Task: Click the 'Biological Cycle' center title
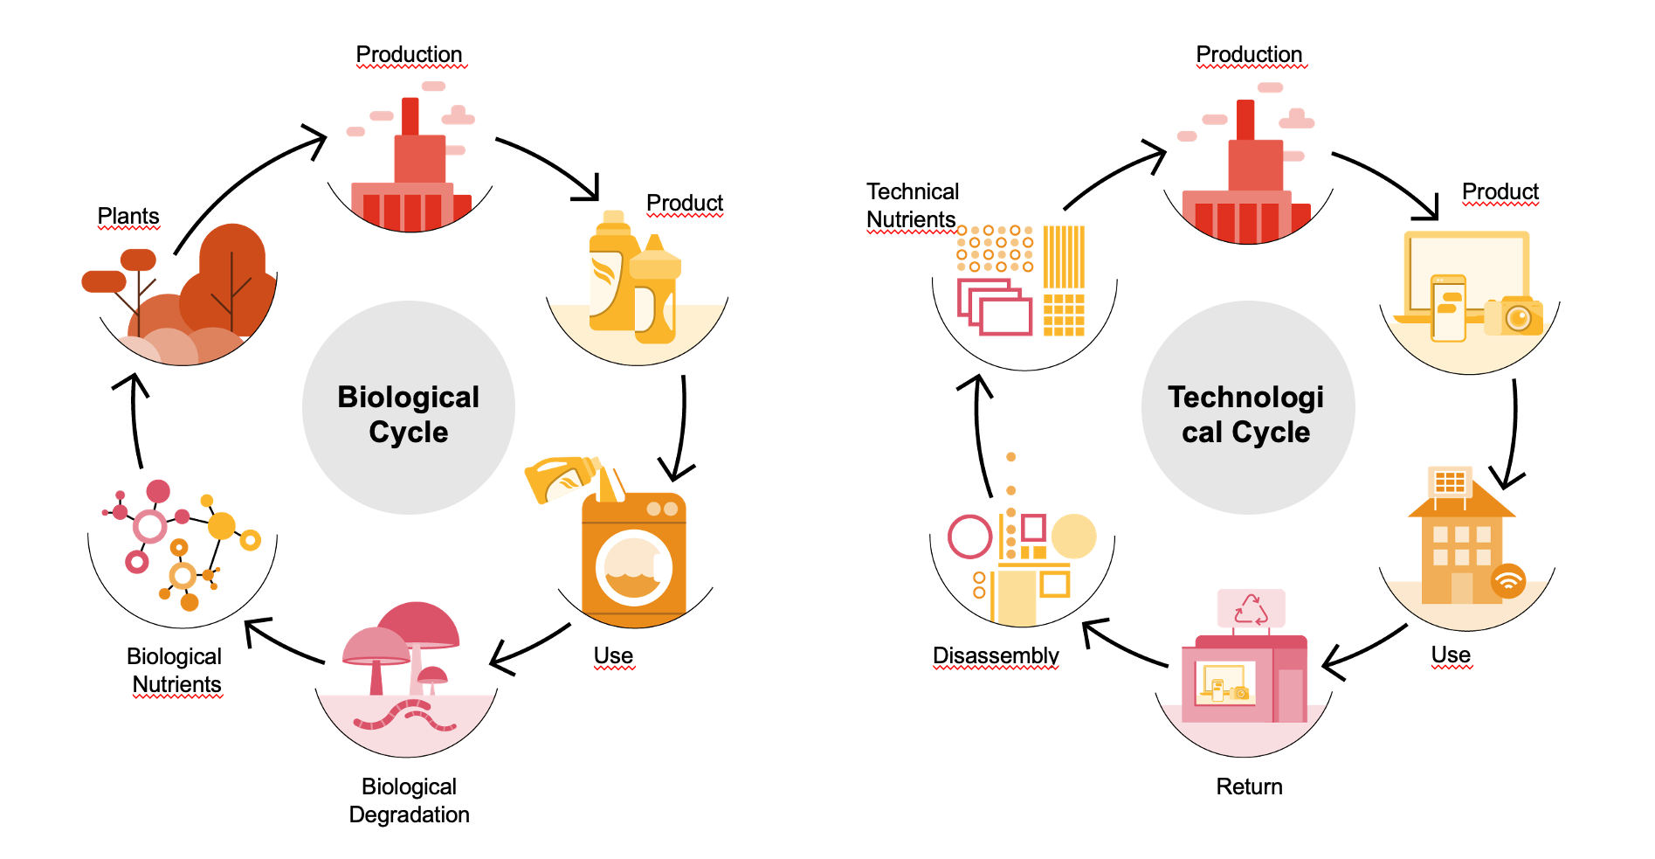(x=409, y=414)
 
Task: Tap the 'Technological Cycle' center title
(x=1246, y=414)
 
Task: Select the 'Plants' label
(x=128, y=216)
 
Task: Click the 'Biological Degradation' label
(x=410, y=800)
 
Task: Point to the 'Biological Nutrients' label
(x=175, y=670)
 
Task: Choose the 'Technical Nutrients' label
(x=913, y=205)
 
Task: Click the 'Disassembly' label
(x=996, y=655)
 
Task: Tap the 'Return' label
(x=1250, y=786)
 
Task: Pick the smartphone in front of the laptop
(x=1449, y=308)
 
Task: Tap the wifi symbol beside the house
(x=1508, y=580)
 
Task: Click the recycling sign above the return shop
(x=1251, y=609)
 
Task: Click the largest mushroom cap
(x=417, y=624)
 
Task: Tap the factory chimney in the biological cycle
(x=410, y=116)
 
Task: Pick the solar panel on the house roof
(x=1450, y=481)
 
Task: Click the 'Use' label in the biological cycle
(x=613, y=655)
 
